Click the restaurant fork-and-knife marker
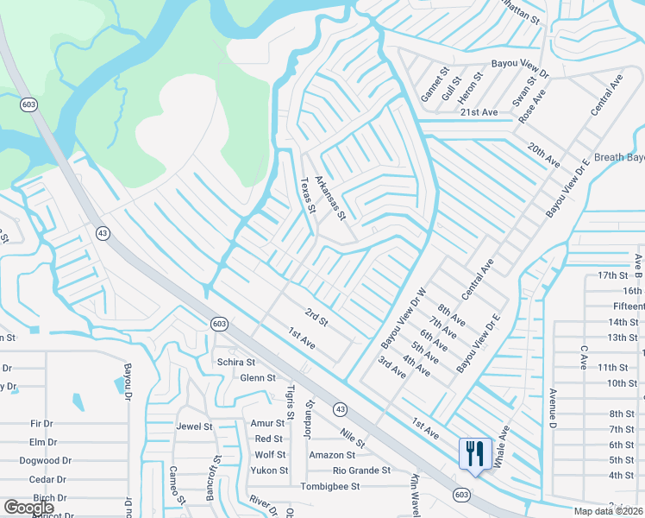[474, 453]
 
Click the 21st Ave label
[479, 112]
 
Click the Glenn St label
[257, 378]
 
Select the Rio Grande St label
[362, 471]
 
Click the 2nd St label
[317, 318]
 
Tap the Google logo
[28, 509]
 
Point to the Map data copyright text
[609, 511]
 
